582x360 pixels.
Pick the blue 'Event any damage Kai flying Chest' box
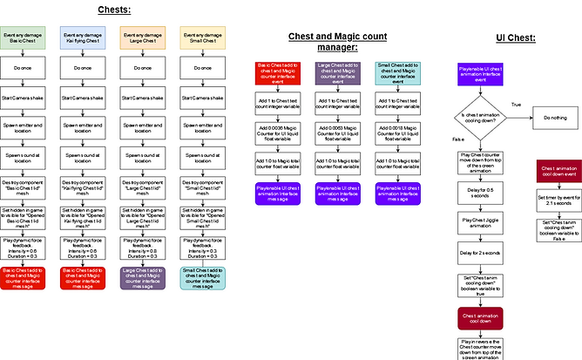(81, 37)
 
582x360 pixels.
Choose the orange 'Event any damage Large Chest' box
(141, 37)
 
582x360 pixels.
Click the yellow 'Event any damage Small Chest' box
(202, 37)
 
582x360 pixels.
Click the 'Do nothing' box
(556, 117)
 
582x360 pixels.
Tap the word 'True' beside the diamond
(516, 104)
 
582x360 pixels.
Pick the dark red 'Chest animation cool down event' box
(558, 171)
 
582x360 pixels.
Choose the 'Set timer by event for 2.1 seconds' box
(558, 199)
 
